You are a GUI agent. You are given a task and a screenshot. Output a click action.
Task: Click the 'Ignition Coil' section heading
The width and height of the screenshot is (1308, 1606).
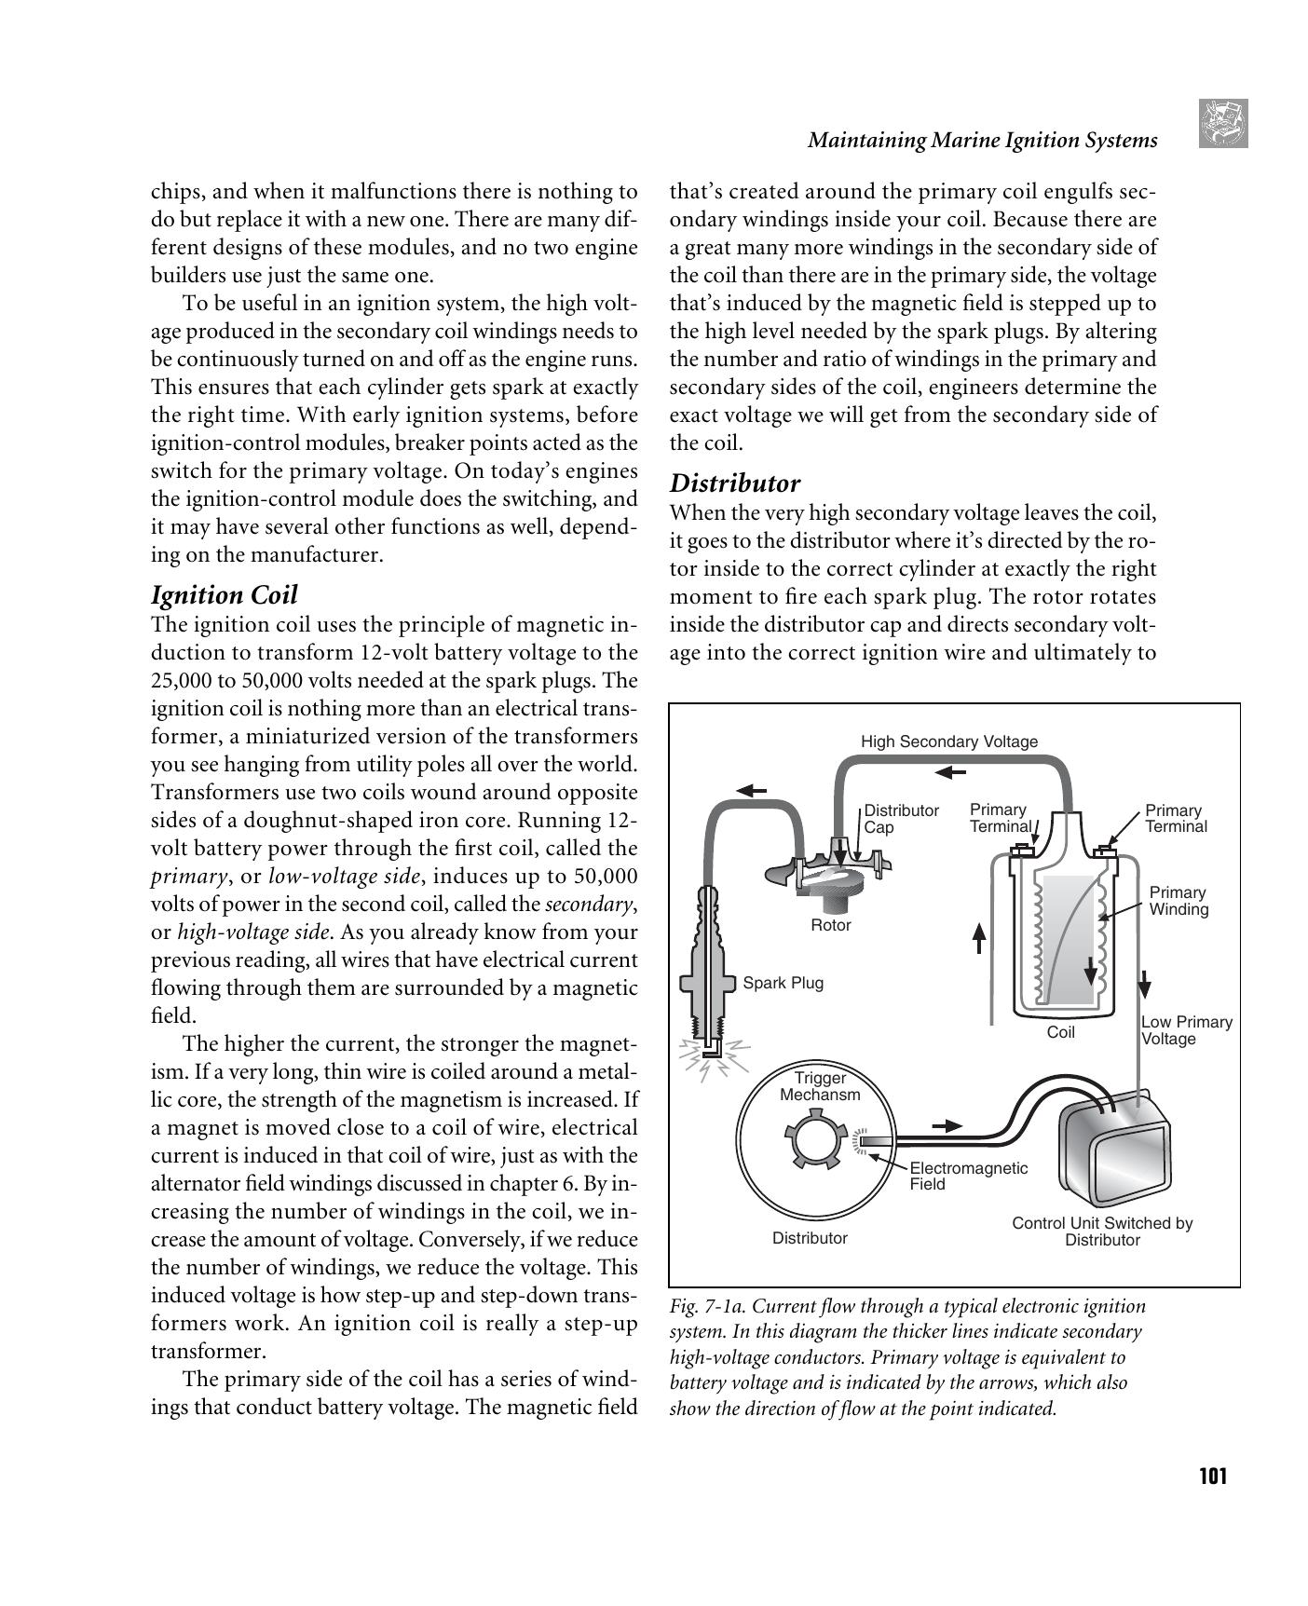click(224, 595)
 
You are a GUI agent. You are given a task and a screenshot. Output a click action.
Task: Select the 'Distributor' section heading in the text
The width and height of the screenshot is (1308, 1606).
click(735, 483)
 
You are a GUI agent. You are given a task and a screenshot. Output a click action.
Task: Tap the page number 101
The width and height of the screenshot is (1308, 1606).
click(1212, 1477)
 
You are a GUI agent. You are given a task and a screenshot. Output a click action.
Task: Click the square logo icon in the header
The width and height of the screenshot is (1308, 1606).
click(1223, 124)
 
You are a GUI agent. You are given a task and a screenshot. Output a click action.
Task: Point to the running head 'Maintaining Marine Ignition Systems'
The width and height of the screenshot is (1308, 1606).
click(982, 141)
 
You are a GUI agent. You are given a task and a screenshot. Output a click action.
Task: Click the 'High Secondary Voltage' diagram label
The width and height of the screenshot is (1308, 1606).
click(948, 742)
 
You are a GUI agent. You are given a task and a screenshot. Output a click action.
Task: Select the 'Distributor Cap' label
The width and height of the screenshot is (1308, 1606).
click(900, 818)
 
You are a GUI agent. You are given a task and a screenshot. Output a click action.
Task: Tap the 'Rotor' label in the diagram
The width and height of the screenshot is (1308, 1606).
click(830, 925)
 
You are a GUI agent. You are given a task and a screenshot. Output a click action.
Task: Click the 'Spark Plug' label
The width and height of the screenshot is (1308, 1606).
click(783, 983)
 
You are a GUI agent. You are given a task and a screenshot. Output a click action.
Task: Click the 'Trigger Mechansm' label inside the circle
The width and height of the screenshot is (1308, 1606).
click(820, 1086)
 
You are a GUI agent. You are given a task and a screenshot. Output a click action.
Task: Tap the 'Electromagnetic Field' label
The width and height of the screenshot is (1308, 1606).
click(968, 1176)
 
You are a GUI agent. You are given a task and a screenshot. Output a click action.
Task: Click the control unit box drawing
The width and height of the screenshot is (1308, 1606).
click(1114, 1150)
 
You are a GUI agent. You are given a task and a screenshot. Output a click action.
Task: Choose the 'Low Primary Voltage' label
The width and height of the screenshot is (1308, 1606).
click(1185, 1030)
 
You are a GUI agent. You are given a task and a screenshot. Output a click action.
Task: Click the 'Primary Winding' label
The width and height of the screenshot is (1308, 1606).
click(1178, 900)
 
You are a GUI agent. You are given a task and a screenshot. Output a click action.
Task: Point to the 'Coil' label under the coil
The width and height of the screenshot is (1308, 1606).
click(1060, 1032)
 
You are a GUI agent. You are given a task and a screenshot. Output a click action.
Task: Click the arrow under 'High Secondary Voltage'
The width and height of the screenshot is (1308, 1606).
click(951, 771)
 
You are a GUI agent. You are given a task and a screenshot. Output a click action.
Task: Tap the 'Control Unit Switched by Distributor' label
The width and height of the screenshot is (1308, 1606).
click(1102, 1232)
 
